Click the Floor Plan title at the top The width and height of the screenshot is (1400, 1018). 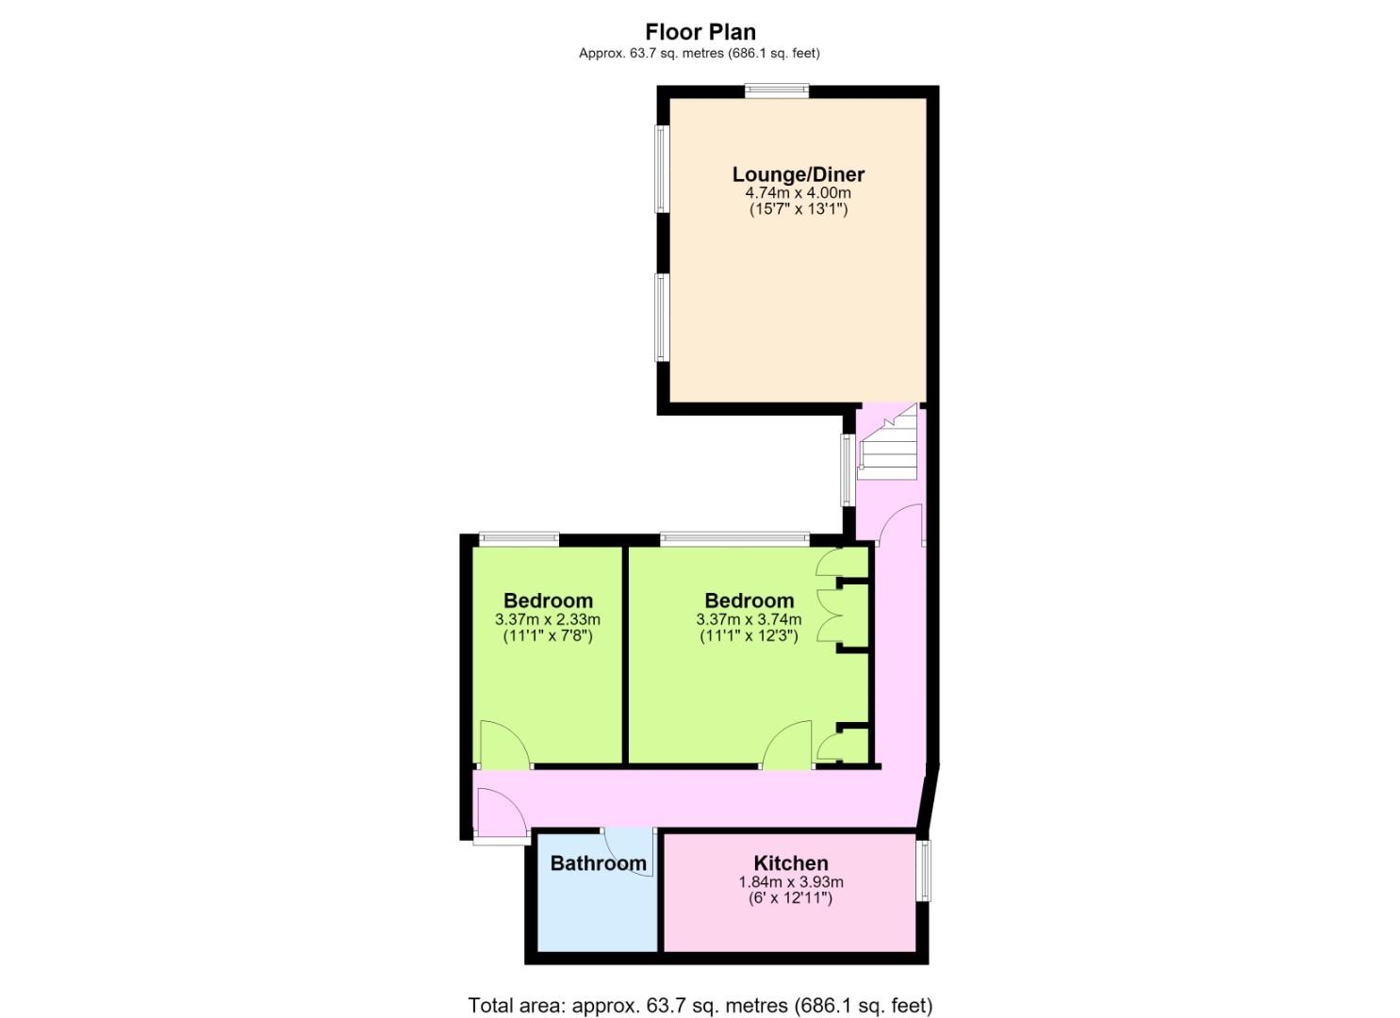[x=700, y=31]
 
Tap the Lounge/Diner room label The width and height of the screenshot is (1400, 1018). [x=799, y=173]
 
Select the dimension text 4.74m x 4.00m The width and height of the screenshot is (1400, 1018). [x=799, y=192]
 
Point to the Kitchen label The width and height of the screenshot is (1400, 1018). [x=791, y=863]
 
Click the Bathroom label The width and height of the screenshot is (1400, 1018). [x=598, y=863]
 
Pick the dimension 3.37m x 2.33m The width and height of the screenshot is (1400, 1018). [x=548, y=619]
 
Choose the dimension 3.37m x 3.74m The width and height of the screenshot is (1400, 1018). [x=749, y=619]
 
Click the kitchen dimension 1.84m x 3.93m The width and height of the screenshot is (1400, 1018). [x=791, y=881]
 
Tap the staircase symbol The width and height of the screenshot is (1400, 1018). [x=887, y=441]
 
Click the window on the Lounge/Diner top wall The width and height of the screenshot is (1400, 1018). [x=777, y=90]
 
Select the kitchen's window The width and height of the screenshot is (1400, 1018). [x=923, y=871]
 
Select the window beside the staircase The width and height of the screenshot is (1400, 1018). [x=848, y=470]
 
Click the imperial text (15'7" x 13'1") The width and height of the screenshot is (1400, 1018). [x=799, y=208]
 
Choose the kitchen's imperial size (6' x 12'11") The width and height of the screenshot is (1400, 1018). [x=791, y=898]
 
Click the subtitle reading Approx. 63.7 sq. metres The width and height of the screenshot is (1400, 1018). [x=700, y=54]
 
